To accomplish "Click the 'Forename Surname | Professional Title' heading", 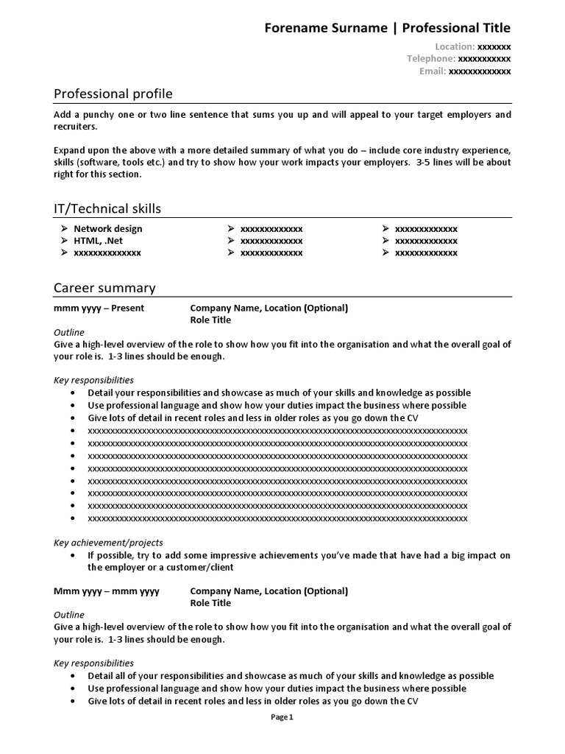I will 387,28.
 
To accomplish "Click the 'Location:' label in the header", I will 455,46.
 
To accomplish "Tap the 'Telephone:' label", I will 431,59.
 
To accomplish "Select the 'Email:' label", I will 433,71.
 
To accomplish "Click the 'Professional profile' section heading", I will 113,94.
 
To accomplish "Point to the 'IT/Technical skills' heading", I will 107,208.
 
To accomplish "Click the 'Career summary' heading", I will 104,288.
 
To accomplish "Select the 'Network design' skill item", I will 108,229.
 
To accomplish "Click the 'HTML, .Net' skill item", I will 98,241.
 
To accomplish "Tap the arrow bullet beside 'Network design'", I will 65,229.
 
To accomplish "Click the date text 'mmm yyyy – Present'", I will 99,308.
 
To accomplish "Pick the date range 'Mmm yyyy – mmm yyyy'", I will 107,591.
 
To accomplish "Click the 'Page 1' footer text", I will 282,717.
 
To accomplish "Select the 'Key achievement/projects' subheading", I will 108,543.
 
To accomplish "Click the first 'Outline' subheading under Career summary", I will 69,332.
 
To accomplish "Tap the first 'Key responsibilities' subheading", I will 93,380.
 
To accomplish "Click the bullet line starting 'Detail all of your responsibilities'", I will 291,676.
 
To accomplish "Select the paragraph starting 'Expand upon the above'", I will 282,162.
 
